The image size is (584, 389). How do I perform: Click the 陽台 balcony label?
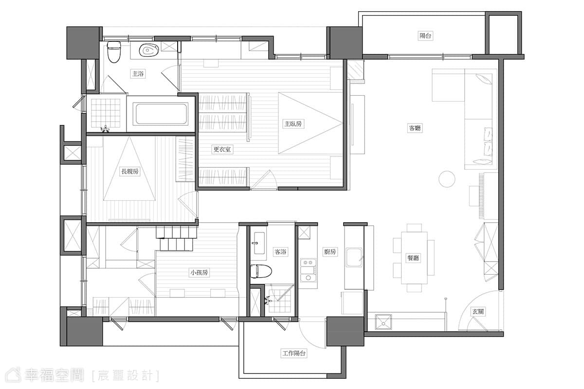pyautogui.click(x=425, y=35)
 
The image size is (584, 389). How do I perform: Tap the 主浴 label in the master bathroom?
pyautogui.click(x=138, y=74)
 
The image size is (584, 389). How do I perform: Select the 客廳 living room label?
pyautogui.click(x=415, y=128)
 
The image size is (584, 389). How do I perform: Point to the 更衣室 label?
pyautogui.click(x=222, y=149)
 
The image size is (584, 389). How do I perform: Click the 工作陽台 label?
pyautogui.click(x=294, y=354)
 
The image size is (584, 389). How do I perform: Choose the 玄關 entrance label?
pyautogui.click(x=478, y=311)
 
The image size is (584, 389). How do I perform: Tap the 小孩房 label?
pyautogui.click(x=199, y=272)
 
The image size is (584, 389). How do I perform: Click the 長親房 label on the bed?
pyautogui.click(x=130, y=172)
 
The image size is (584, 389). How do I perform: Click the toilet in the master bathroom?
pyautogui.click(x=114, y=52)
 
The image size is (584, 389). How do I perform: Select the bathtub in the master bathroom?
pyautogui.click(x=161, y=114)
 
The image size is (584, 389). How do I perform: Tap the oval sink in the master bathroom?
pyautogui.click(x=149, y=50)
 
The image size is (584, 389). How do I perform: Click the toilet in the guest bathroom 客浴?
pyautogui.click(x=261, y=271)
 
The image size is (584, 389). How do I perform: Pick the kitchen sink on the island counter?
pyautogui.click(x=354, y=258)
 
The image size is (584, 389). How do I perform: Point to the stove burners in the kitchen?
pyautogui.click(x=308, y=270)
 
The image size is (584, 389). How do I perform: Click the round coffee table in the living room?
pyautogui.click(x=447, y=179)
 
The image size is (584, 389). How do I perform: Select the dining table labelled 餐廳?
pyautogui.click(x=414, y=258)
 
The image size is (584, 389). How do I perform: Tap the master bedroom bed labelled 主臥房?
pyautogui.click(x=310, y=123)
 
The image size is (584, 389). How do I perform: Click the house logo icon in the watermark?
pyautogui.click(x=14, y=375)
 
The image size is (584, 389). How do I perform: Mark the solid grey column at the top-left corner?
pyautogui.click(x=83, y=43)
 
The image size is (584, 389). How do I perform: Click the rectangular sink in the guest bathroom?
pyautogui.click(x=257, y=243)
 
